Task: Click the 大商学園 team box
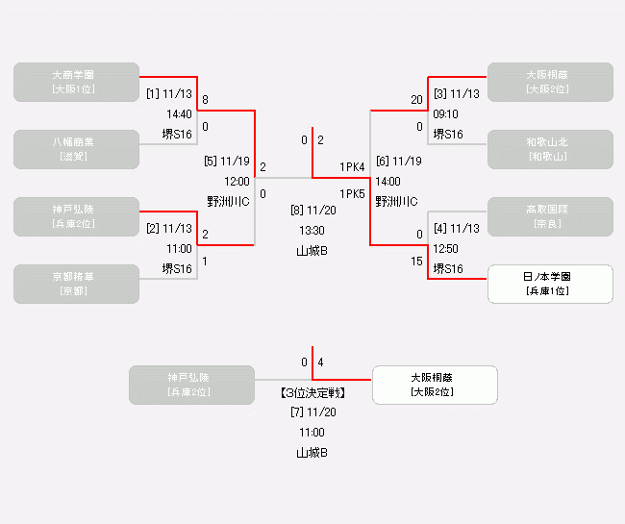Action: (x=73, y=82)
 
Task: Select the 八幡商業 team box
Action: (x=73, y=149)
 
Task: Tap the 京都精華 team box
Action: (x=73, y=284)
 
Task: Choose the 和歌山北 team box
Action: (x=550, y=149)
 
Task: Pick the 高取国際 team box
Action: (x=550, y=216)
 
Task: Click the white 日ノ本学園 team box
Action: (x=550, y=284)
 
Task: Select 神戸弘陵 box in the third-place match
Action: (x=192, y=385)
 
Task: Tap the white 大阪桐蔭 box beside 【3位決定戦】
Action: (x=435, y=385)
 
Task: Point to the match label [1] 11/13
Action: (x=169, y=94)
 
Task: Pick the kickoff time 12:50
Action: (x=445, y=248)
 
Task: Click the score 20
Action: (x=416, y=100)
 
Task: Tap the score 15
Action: (x=416, y=262)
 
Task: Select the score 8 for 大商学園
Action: (x=205, y=100)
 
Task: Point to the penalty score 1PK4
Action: (x=352, y=167)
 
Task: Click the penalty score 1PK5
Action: (x=352, y=193)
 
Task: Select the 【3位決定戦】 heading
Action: (x=312, y=393)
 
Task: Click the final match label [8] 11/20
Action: (x=312, y=210)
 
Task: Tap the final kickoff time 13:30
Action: (x=312, y=230)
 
